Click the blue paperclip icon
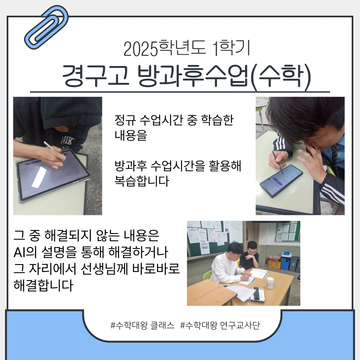click(47, 27)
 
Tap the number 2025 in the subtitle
click(140, 49)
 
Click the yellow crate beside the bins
click(274, 263)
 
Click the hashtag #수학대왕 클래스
click(142, 325)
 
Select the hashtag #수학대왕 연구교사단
click(220, 325)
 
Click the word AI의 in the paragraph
click(25, 252)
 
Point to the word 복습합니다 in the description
click(142, 182)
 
